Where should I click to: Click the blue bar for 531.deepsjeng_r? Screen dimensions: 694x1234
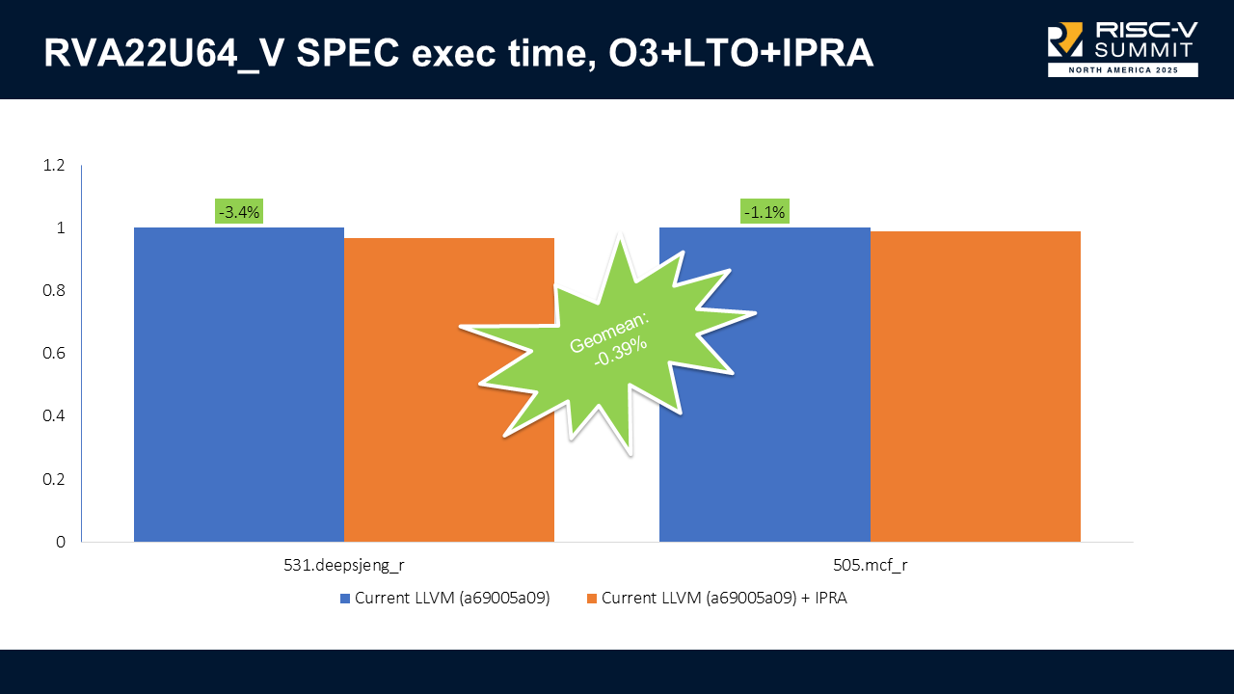pyautogui.click(x=239, y=385)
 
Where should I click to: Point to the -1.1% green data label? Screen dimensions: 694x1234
pyautogui.click(x=764, y=212)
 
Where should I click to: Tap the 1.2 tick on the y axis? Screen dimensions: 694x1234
pyautogui.click(x=54, y=166)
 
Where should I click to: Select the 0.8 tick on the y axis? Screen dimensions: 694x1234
pyautogui.click(x=54, y=291)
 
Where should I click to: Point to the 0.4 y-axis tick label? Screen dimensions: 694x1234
pyautogui.click(x=54, y=416)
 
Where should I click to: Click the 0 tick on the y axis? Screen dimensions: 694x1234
pyautogui.click(x=61, y=542)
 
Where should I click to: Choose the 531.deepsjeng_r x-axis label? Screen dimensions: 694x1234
pyautogui.click(x=344, y=566)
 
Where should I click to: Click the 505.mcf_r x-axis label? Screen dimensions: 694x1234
pyautogui.click(x=870, y=566)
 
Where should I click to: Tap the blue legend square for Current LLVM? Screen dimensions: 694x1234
pyautogui.click(x=345, y=599)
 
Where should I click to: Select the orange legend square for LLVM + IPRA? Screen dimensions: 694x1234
pyautogui.click(x=592, y=599)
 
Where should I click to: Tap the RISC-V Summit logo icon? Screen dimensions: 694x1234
pyautogui.click(x=1065, y=40)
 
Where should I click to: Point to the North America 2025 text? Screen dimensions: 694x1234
pyautogui.click(x=1123, y=70)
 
